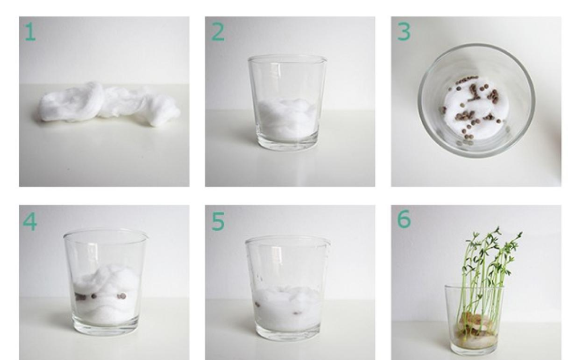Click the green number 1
coord(30,31)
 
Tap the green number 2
coord(218,31)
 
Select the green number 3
coord(404,31)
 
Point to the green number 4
coord(30,222)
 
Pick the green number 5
coord(218,222)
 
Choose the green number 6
coord(404,219)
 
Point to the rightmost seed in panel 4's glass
coord(121,296)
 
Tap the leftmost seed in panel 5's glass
coord(257,305)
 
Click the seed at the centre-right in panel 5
coord(297,313)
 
